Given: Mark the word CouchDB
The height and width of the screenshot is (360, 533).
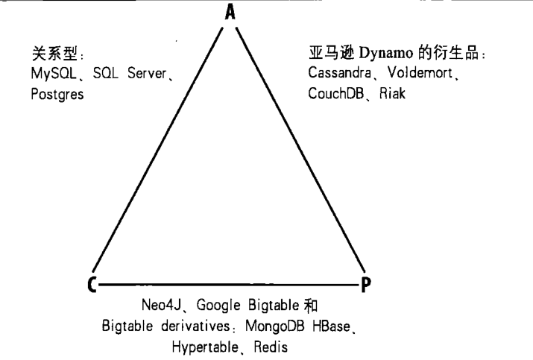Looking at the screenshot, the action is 334,94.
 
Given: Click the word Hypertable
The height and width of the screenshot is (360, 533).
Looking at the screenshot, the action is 201,347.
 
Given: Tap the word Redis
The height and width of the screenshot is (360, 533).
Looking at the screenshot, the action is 265,347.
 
